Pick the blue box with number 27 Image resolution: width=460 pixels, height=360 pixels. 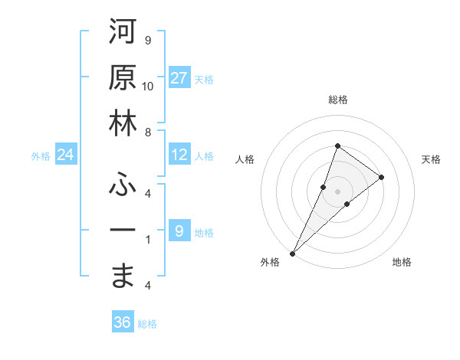179,78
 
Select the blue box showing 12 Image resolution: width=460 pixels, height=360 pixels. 179,155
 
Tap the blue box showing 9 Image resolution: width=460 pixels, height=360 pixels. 179,231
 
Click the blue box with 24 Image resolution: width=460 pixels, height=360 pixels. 66,155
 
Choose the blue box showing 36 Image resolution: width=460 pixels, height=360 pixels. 123,322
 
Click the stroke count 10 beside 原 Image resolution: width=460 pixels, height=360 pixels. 148,86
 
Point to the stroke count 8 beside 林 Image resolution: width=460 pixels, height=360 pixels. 148,132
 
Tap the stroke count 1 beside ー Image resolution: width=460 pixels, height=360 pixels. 148,239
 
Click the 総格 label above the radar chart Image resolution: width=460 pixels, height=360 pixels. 337,100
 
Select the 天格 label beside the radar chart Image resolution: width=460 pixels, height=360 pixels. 431,159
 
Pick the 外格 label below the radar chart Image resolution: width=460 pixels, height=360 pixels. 270,263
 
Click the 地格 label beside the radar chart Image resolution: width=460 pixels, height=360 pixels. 402,263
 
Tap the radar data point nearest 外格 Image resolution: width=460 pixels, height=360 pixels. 292,253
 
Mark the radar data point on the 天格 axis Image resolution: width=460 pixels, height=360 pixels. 381,177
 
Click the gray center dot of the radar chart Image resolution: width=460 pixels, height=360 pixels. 337,191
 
